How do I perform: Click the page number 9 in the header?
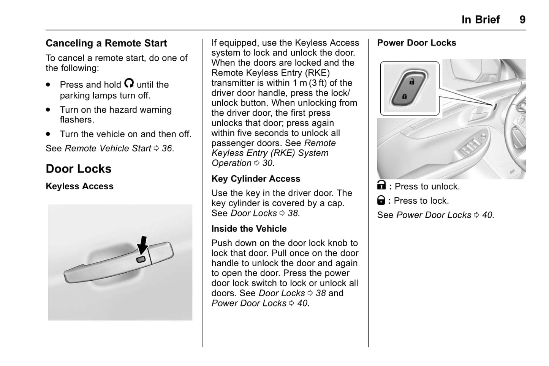[x=522, y=19]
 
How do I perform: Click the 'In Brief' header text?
[x=480, y=19]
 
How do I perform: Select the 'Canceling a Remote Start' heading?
[x=106, y=43]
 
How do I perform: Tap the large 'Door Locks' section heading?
[x=78, y=169]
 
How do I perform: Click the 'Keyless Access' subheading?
[x=79, y=186]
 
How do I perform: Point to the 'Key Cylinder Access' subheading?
[x=256, y=179]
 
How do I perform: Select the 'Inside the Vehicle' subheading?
[x=249, y=229]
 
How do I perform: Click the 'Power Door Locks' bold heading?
[x=416, y=43]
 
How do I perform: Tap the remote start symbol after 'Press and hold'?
[x=129, y=83]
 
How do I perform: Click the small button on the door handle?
[x=141, y=259]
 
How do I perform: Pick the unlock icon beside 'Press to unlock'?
[x=381, y=185]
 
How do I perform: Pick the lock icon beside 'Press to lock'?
[x=381, y=200]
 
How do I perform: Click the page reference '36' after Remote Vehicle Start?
[x=167, y=148]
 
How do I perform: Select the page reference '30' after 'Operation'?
[x=267, y=163]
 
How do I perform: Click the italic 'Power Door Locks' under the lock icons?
[x=434, y=215]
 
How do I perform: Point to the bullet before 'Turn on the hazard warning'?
[x=48, y=110]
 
